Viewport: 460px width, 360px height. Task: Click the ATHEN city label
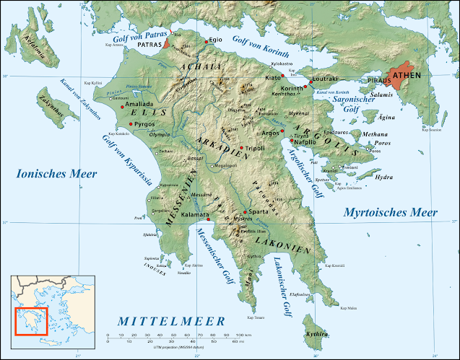pyautogui.click(x=427, y=74)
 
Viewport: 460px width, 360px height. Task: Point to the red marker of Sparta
pyautogui.click(x=246, y=212)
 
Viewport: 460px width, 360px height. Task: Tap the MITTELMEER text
pyautogui.click(x=172, y=320)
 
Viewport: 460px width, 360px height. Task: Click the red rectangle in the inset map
pyautogui.click(x=31, y=321)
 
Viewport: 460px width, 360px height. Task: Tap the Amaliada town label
pyautogui.click(x=139, y=105)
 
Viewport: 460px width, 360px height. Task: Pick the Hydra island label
pyautogui.click(x=385, y=177)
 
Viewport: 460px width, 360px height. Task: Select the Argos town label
pyautogui.click(x=271, y=133)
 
